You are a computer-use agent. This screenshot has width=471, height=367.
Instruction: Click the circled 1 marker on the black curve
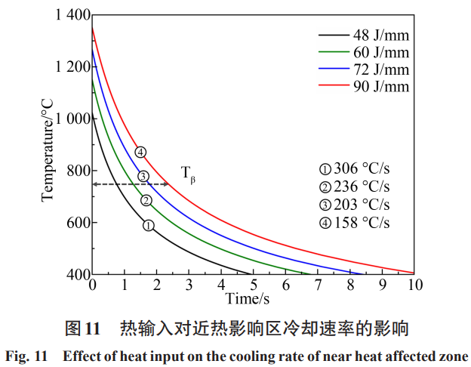coord(149,225)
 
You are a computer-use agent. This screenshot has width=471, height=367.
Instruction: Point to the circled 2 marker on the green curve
coord(146,201)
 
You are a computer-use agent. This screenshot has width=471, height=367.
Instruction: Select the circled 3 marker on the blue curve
coord(143,177)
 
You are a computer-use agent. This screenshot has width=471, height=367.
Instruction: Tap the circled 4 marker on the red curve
coord(140,153)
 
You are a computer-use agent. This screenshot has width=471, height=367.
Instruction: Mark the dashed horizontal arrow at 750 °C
coord(130,184)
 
